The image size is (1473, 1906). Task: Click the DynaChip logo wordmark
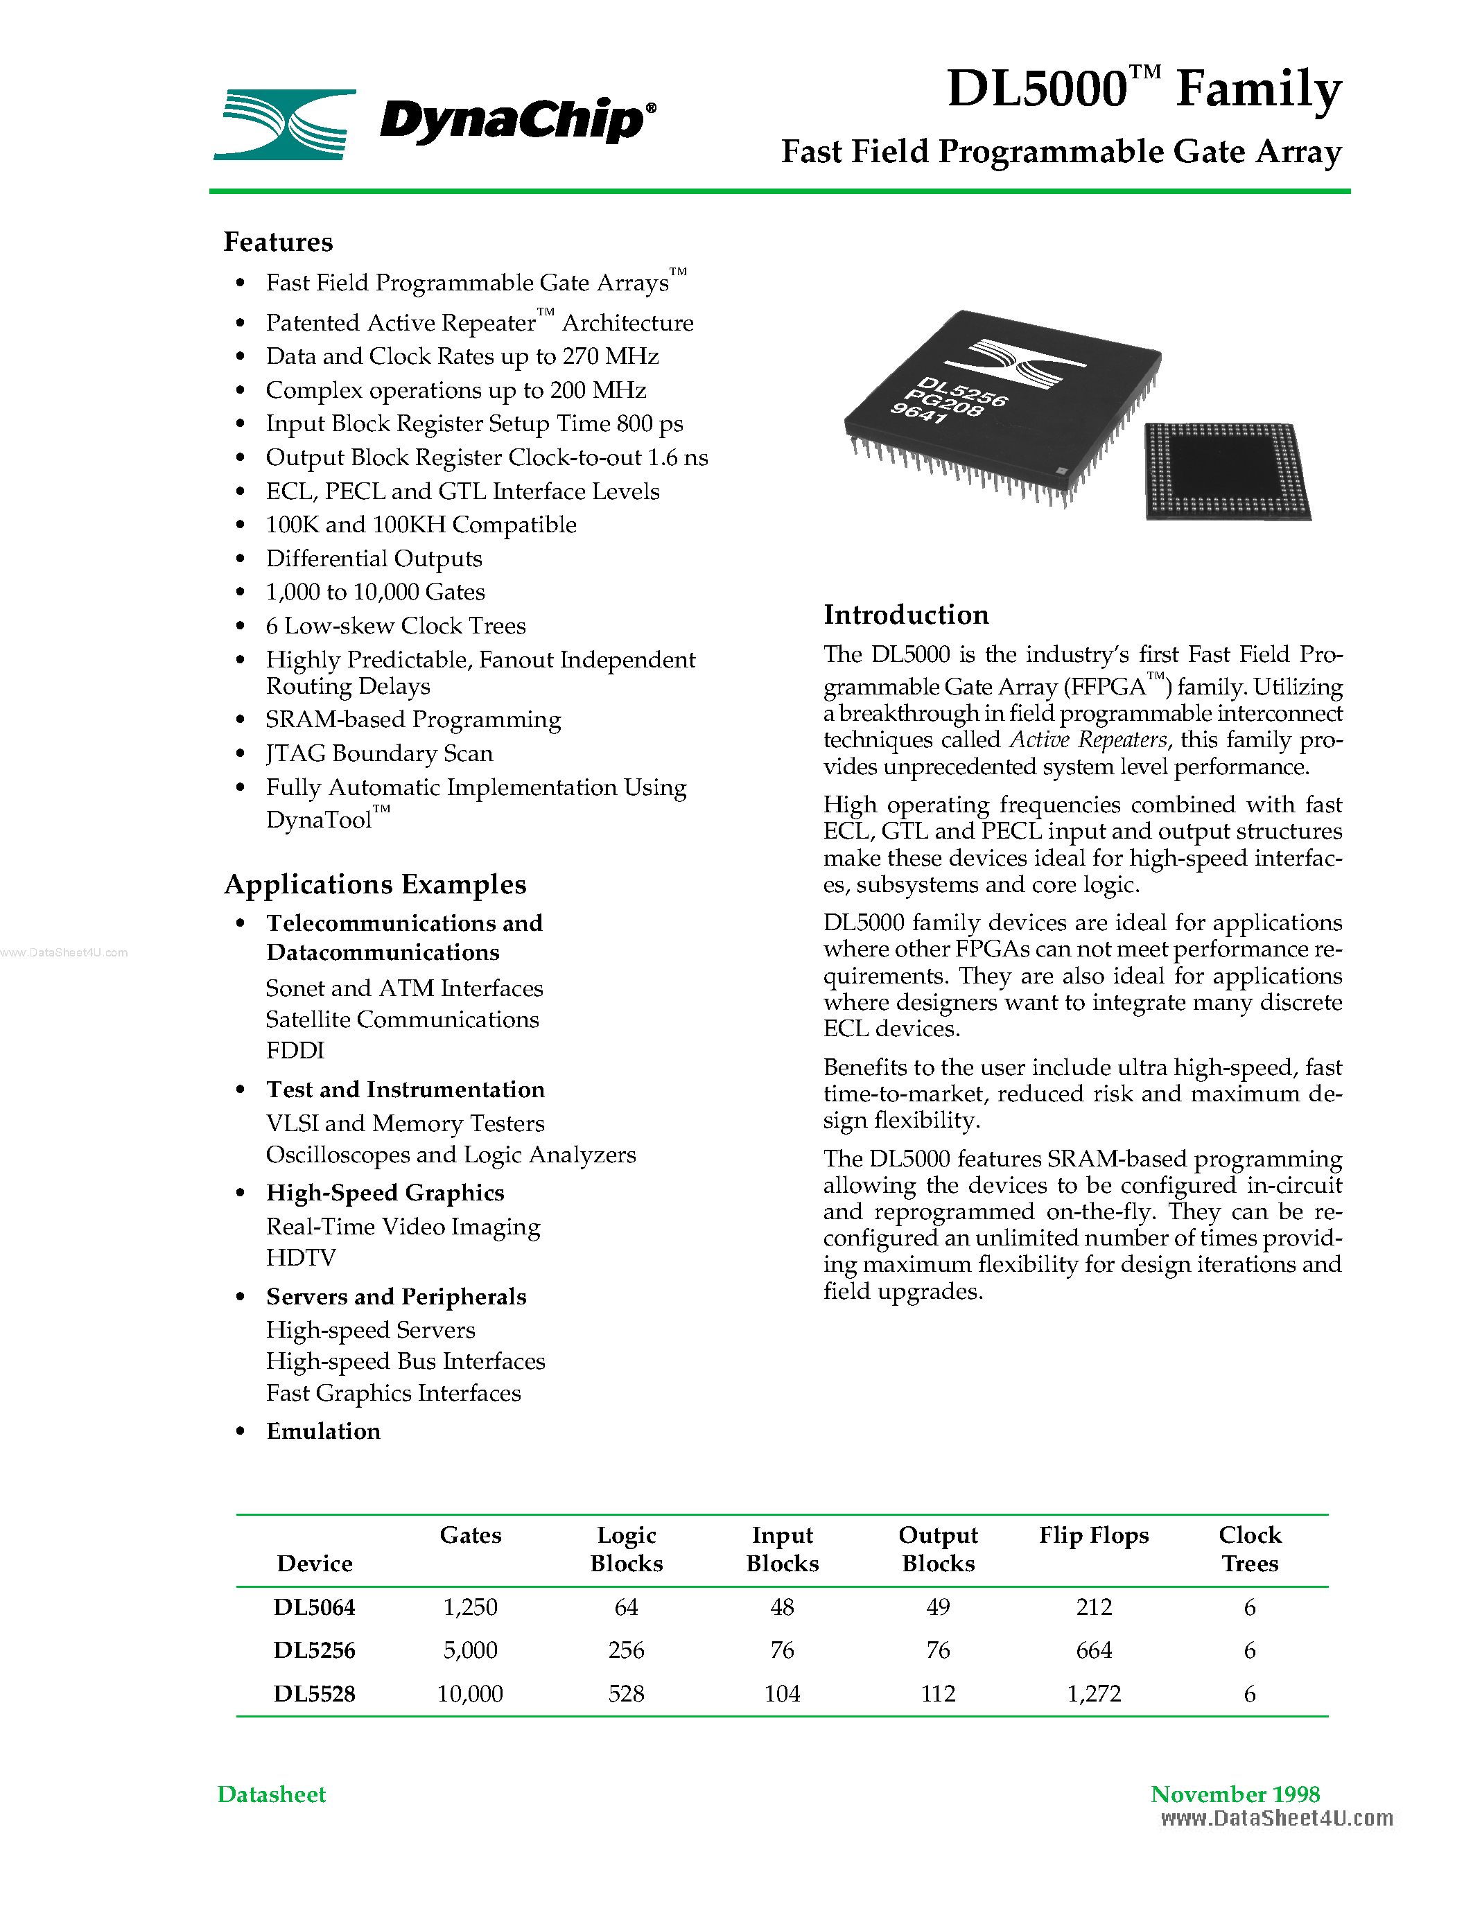click(516, 121)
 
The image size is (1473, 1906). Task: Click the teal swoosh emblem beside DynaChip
click(286, 124)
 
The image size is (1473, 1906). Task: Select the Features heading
click(279, 242)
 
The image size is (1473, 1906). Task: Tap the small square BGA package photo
click(1226, 471)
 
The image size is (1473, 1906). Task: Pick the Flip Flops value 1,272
click(1093, 1693)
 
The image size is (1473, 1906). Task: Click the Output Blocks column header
click(938, 1548)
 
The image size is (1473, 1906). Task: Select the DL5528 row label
click(314, 1693)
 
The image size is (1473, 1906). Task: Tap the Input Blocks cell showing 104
click(782, 1693)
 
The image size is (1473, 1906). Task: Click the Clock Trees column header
click(1250, 1548)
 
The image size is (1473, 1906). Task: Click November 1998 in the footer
click(1235, 1794)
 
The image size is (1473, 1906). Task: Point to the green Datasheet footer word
click(272, 1794)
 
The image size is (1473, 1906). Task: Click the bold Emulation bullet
click(324, 1431)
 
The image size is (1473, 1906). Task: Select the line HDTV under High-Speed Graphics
click(301, 1257)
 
